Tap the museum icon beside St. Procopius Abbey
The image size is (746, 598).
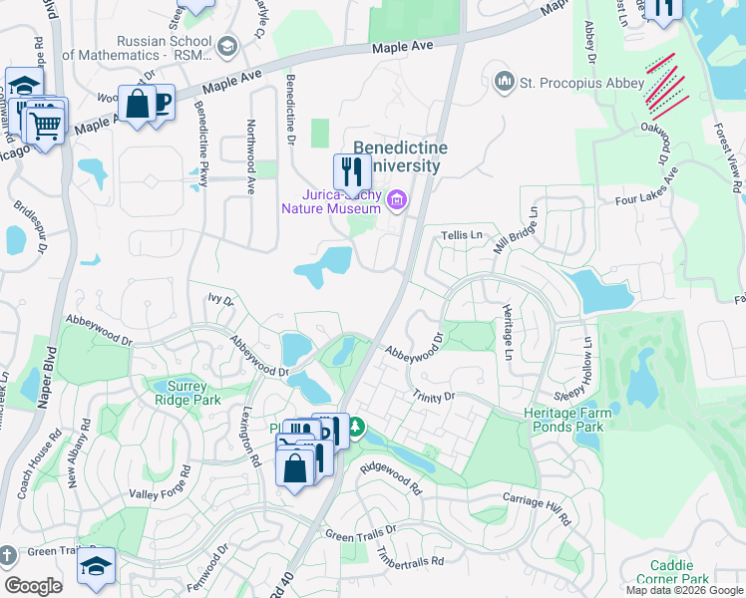(x=505, y=80)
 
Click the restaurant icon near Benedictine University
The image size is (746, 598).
(x=351, y=171)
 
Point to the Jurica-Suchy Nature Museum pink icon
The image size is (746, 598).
(x=397, y=201)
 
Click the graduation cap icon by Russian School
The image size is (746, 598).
(x=227, y=46)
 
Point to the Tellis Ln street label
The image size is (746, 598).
(x=461, y=235)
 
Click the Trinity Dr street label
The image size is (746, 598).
(x=434, y=397)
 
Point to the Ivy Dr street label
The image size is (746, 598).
(x=220, y=298)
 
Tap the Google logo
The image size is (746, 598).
(x=34, y=586)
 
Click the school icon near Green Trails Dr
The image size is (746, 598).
(x=97, y=566)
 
